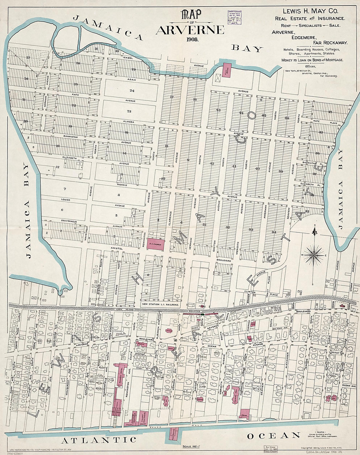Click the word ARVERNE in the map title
190,30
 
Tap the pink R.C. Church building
154,244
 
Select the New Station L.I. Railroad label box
161,304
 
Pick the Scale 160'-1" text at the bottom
192,446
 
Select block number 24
132,90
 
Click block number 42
212,163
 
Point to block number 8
119,195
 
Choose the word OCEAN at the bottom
274,436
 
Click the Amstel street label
117,249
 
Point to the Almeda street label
129,122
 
